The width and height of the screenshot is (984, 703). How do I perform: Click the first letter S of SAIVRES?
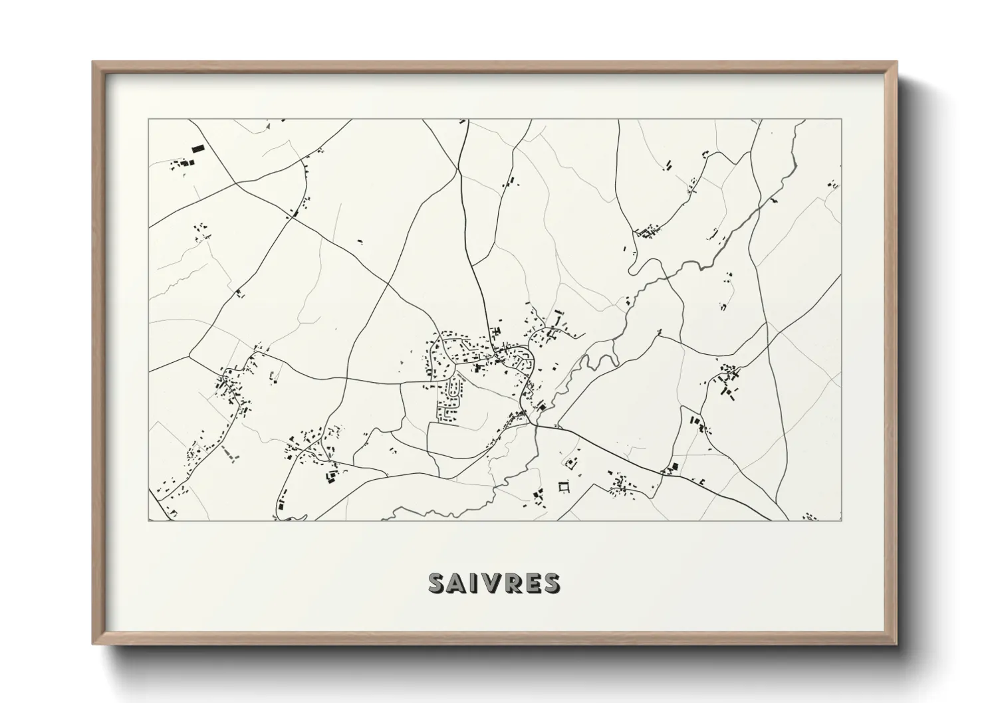(x=437, y=583)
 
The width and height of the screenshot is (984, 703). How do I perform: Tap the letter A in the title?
(x=457, y=583)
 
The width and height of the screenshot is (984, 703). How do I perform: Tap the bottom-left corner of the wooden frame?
(x=94, y=643)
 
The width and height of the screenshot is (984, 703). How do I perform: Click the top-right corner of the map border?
(x=841, y=120)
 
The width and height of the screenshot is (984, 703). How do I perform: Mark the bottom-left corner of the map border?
(x=149, y=520)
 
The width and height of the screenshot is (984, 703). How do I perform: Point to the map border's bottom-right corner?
(x=841, y=520)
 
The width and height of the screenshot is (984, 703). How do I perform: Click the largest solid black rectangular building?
(x=197, y=150)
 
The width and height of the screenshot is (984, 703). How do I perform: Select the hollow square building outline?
(x=564, y=488)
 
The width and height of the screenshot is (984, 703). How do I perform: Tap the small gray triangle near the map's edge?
(x=268, y=124)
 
